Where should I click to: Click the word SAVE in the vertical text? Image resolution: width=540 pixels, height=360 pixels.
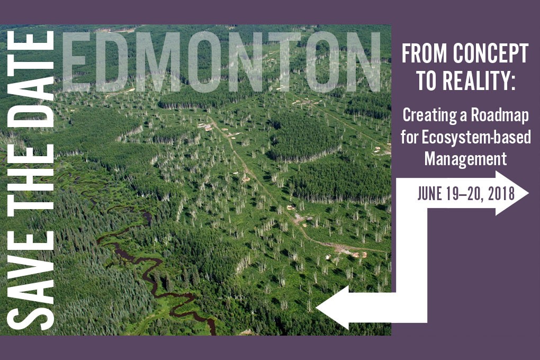coord(30,280)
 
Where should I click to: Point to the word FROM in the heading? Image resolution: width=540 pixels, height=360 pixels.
coord(425,53)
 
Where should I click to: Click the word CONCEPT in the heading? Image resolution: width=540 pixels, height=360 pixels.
coord(491,53)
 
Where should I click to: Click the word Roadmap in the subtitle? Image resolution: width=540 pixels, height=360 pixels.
coord(500,115)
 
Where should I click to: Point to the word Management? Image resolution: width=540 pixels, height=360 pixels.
coord(465,159)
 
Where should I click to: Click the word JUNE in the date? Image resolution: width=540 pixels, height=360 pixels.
coord(430,194)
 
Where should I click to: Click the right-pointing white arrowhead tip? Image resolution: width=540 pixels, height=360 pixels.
coord(528,193)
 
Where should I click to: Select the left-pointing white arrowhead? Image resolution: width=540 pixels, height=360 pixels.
coord(332,307)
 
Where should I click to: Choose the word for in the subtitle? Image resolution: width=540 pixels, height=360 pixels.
coord(409,138)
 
